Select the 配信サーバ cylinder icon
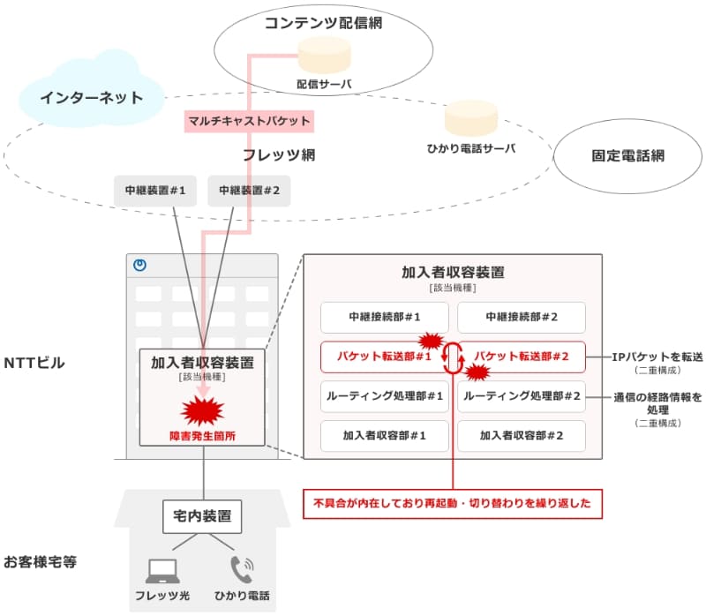point(325,57)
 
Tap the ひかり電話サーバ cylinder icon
point(470,121)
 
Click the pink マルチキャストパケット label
point(249,120)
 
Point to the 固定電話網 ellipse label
point(627,156)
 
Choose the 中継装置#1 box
point(154,190)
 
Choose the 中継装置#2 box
point(249,190)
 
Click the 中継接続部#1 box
point(384,317)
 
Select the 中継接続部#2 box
point(521,317)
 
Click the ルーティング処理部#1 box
point(384,396)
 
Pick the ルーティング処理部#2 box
point(521,396)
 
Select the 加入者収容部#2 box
point(521,436)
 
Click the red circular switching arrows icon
point(453,357)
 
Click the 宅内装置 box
point(203,517)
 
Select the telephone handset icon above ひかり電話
point(241,567)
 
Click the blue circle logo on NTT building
point(139,264)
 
